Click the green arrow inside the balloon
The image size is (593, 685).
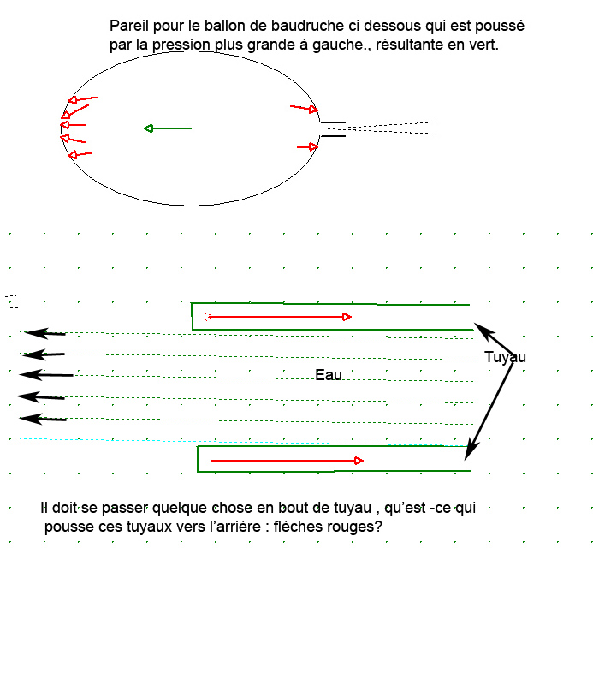167,128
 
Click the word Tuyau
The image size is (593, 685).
505,357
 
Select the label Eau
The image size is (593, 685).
329,375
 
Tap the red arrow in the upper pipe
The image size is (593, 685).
279,317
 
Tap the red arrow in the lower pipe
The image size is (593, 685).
287,461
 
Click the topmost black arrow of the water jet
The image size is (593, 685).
45,333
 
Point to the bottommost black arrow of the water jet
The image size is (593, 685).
43,419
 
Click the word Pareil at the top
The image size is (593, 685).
129,27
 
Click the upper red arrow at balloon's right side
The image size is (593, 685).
305,109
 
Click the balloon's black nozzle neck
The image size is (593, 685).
333,128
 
